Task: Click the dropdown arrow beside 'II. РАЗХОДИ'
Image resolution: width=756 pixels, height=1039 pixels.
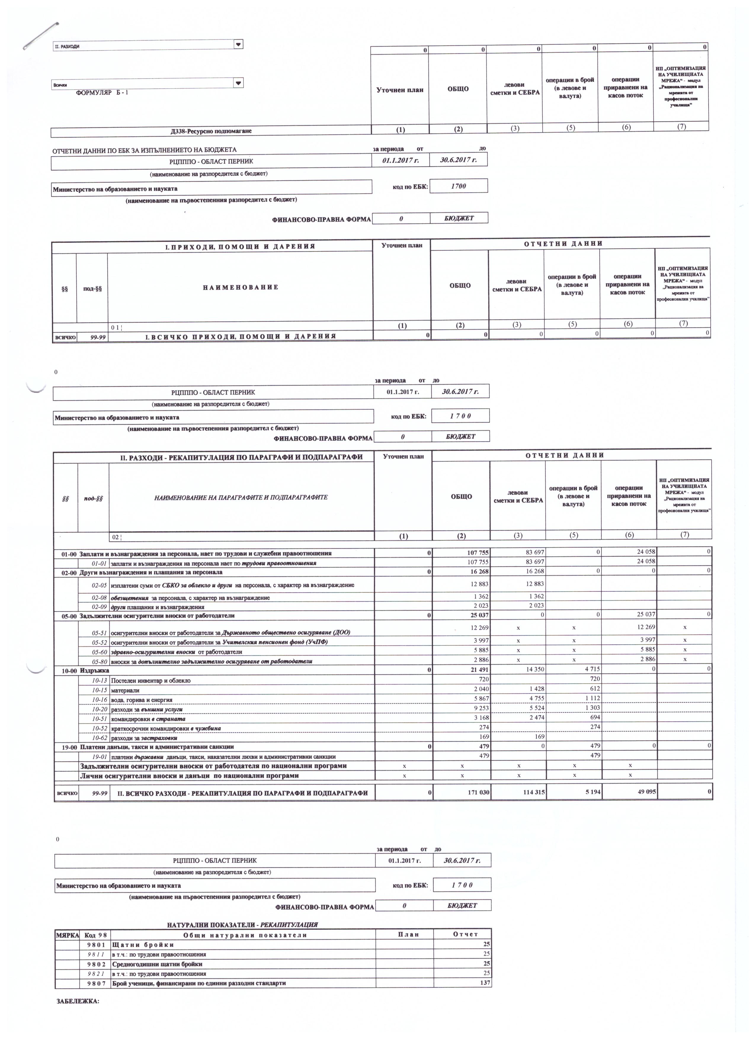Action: [x=238, y=44]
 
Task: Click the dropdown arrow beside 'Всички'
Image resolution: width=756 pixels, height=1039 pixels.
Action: [x=238, y=83]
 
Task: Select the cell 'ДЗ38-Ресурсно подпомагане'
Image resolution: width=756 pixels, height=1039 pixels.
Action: [x=211, y=131]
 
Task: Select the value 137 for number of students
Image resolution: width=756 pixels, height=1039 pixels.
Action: [x=485, y=983]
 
